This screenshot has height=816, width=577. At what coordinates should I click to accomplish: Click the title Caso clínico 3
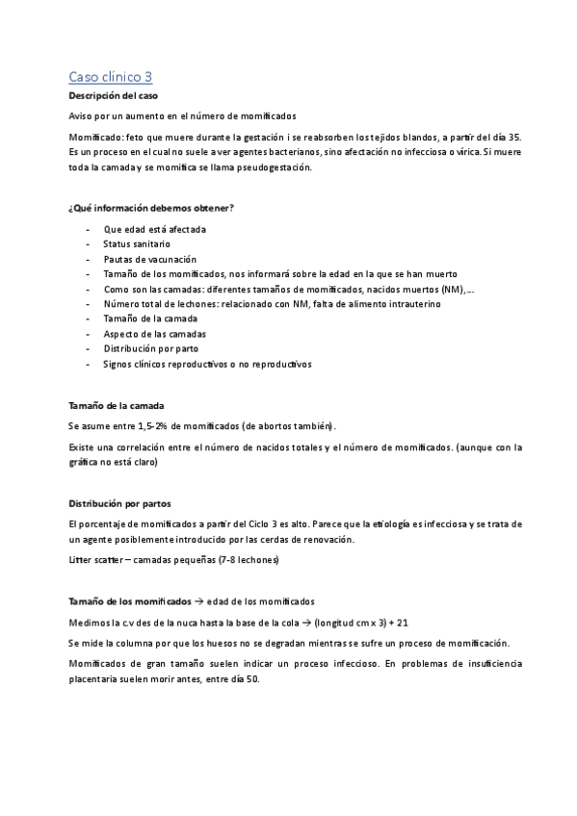point(110,76)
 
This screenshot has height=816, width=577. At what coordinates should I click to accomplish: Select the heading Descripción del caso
point(107,96)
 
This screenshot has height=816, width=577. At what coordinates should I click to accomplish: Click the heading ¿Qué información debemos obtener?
point(151,208)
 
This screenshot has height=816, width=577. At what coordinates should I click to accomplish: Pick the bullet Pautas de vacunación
point(149,259)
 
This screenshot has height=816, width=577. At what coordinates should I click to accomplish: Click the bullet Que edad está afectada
point(154,229)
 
